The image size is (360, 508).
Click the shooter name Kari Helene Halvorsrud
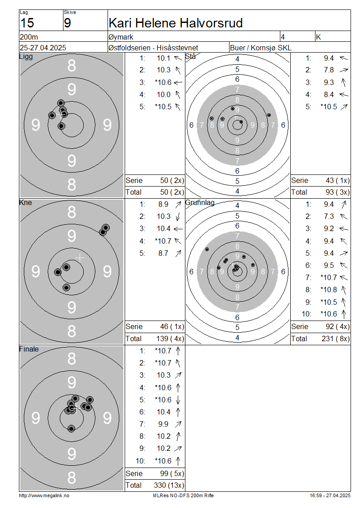pyautogui.click(x=176, y=23)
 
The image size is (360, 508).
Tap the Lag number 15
pyautogui.click(x=27, y=23)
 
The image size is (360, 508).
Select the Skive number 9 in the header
pyautogui.click(x=67, y=23)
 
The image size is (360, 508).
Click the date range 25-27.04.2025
pyautogui.click(x=43, y=48)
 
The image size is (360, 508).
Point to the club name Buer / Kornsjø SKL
pyautogui.click(x=261, y=48)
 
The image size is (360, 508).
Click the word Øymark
pyautogui.click(x=121, y=37)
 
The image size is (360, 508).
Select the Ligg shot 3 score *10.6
pyautogui.click(x=163, y=83)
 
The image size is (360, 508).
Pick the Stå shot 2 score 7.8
pyautogui.click(x=329, y=70)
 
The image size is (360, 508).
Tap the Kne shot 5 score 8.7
pyautogui.click(x=163, y=254)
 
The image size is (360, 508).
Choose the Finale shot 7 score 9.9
pyautogui.click(x=163, y=424)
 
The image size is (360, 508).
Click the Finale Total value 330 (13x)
pyautogui.click(x=169, y=486)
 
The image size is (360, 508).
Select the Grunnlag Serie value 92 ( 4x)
pyautogui.click(x=337, y=326)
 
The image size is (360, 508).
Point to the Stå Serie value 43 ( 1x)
pyautogui.click(x=337, y=180)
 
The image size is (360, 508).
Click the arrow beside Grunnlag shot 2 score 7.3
pyautogui.click(x=344, y=216)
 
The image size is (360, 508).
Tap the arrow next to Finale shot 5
pyautogui.click(x=178, y=400)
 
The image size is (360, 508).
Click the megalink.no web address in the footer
pyautogui.click(x=44, y=495)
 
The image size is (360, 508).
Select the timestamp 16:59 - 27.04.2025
pyautogui.click(x=330, y=495)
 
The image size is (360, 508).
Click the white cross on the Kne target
pyautogui.click(x=80, y=258)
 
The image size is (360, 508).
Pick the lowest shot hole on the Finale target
pyautogui.click(x=72, y=428)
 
